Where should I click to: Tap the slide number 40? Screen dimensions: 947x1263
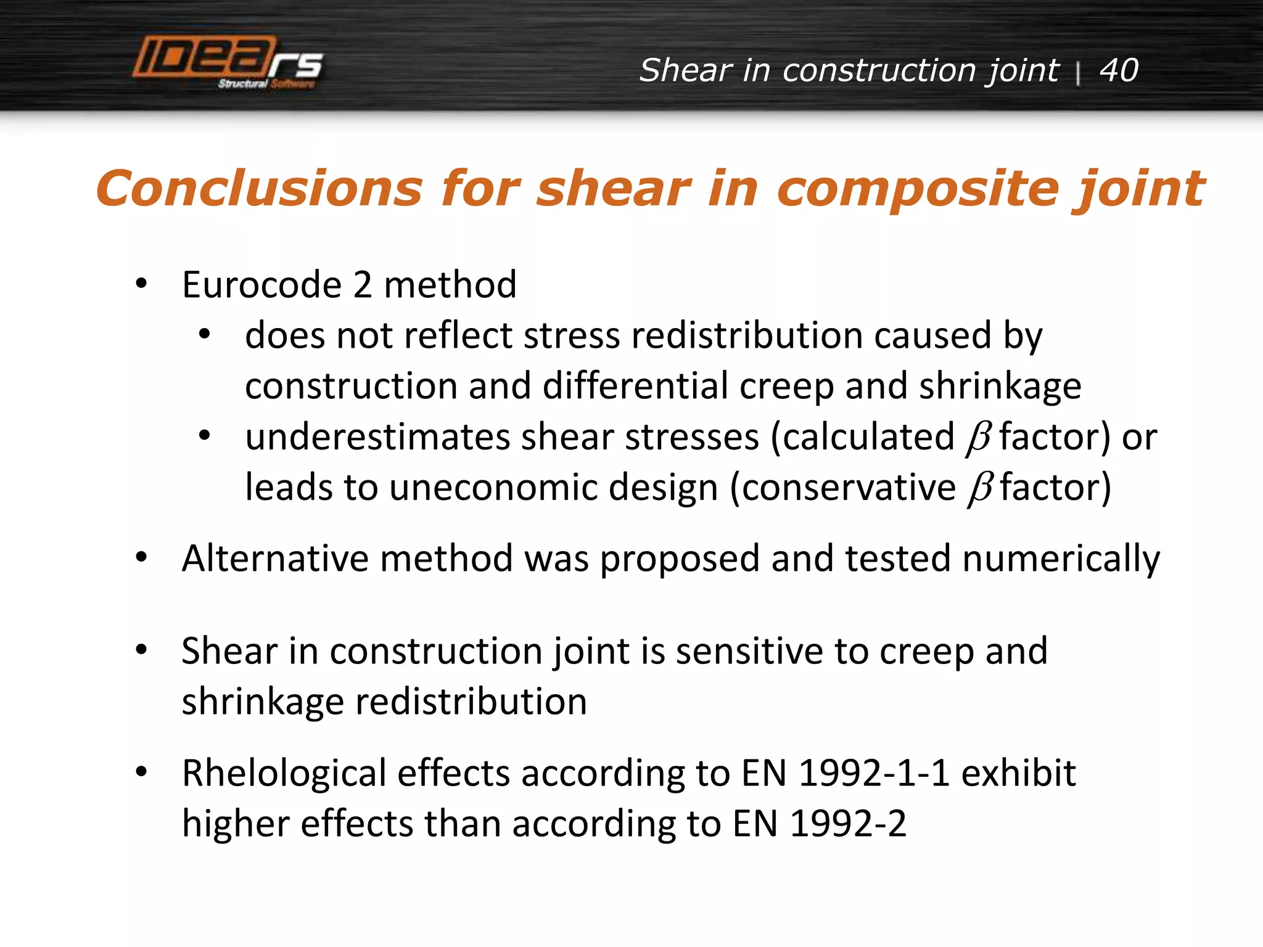[1119, 70]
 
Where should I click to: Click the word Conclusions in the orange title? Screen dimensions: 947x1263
[259, 188]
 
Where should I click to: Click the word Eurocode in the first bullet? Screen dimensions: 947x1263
[261, 285]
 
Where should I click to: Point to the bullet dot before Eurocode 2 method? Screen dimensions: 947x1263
[142, 284]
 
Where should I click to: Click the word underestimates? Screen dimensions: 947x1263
[378, 437]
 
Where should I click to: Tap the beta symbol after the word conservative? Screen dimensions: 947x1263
[979, 488]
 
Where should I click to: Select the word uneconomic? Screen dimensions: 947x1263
[492, 488]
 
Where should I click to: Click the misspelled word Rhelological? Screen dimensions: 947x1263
[284, 773]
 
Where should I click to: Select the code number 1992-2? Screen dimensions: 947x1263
[848, 824]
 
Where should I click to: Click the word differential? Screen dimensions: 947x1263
[635, 387]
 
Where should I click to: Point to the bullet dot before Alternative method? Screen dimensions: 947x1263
[142, 558]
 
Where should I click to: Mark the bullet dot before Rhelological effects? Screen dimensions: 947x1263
[142, 772]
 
